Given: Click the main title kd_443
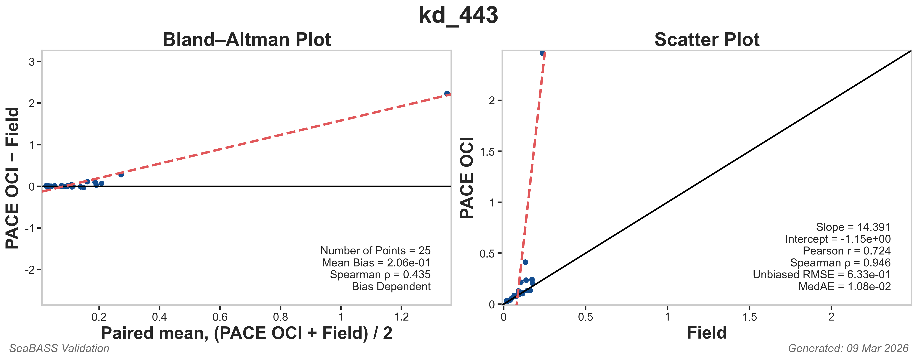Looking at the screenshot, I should pyautogui.click(x=458, y=15).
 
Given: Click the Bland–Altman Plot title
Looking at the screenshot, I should pyautogui.click(x=247, y=39).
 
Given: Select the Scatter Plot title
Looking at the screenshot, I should pyautogui.click(x=707, y=39).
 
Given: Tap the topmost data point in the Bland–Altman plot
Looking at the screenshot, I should pyautogui.click(x=447, y=94).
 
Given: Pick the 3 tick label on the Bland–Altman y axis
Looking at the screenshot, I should pyautogui.click(x=32, y=62).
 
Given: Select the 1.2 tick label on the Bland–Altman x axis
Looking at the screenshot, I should pyautogui.click(x=402, y=317).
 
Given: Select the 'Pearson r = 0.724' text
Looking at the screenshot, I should pyautogui.click(x=846, y=251).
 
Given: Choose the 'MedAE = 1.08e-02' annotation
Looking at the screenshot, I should pyautogui.click(x=844, y=287).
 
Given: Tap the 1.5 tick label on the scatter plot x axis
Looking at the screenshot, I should pyautogui.click(x=749, y=317).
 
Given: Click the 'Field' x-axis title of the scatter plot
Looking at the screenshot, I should pyautogui.click(x=707, y=333).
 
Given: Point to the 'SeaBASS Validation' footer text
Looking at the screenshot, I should pyautogui.click(x=59, y=348).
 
